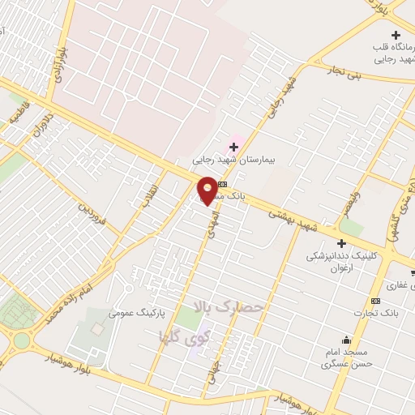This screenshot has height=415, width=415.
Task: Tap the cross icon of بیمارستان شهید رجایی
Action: coord(234,147)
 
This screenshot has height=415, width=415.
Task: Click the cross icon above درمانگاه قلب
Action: coord(396,35)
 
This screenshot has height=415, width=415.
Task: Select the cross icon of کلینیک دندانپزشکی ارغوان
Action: coord(341,243)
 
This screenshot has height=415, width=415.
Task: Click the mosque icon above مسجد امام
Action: coord(347,340)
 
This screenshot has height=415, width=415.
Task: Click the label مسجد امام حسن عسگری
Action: coord(345,359)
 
